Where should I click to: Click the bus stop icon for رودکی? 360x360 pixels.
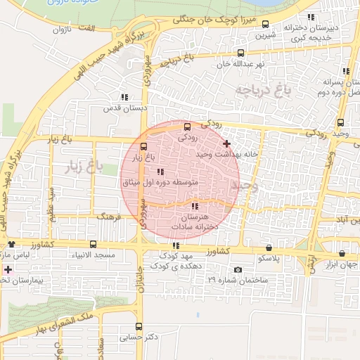(187, 127)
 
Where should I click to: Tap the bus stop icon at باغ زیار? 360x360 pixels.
(144, 147)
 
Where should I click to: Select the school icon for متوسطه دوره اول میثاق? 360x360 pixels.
(160, 172)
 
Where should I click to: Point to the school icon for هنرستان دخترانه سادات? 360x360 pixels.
(195, 207)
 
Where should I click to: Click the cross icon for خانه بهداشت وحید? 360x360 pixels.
(226, 143)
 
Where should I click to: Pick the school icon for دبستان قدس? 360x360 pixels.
(124, 97)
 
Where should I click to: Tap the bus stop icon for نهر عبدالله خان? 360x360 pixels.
(241, 53)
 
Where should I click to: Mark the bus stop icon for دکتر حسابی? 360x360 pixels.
(139, 326)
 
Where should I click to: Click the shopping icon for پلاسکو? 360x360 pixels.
(270, 247)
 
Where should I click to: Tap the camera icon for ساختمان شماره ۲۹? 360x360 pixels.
(238, 270)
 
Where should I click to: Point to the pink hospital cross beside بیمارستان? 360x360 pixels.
(8, 270)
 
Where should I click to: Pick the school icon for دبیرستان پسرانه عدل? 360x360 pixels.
(345, 71)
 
